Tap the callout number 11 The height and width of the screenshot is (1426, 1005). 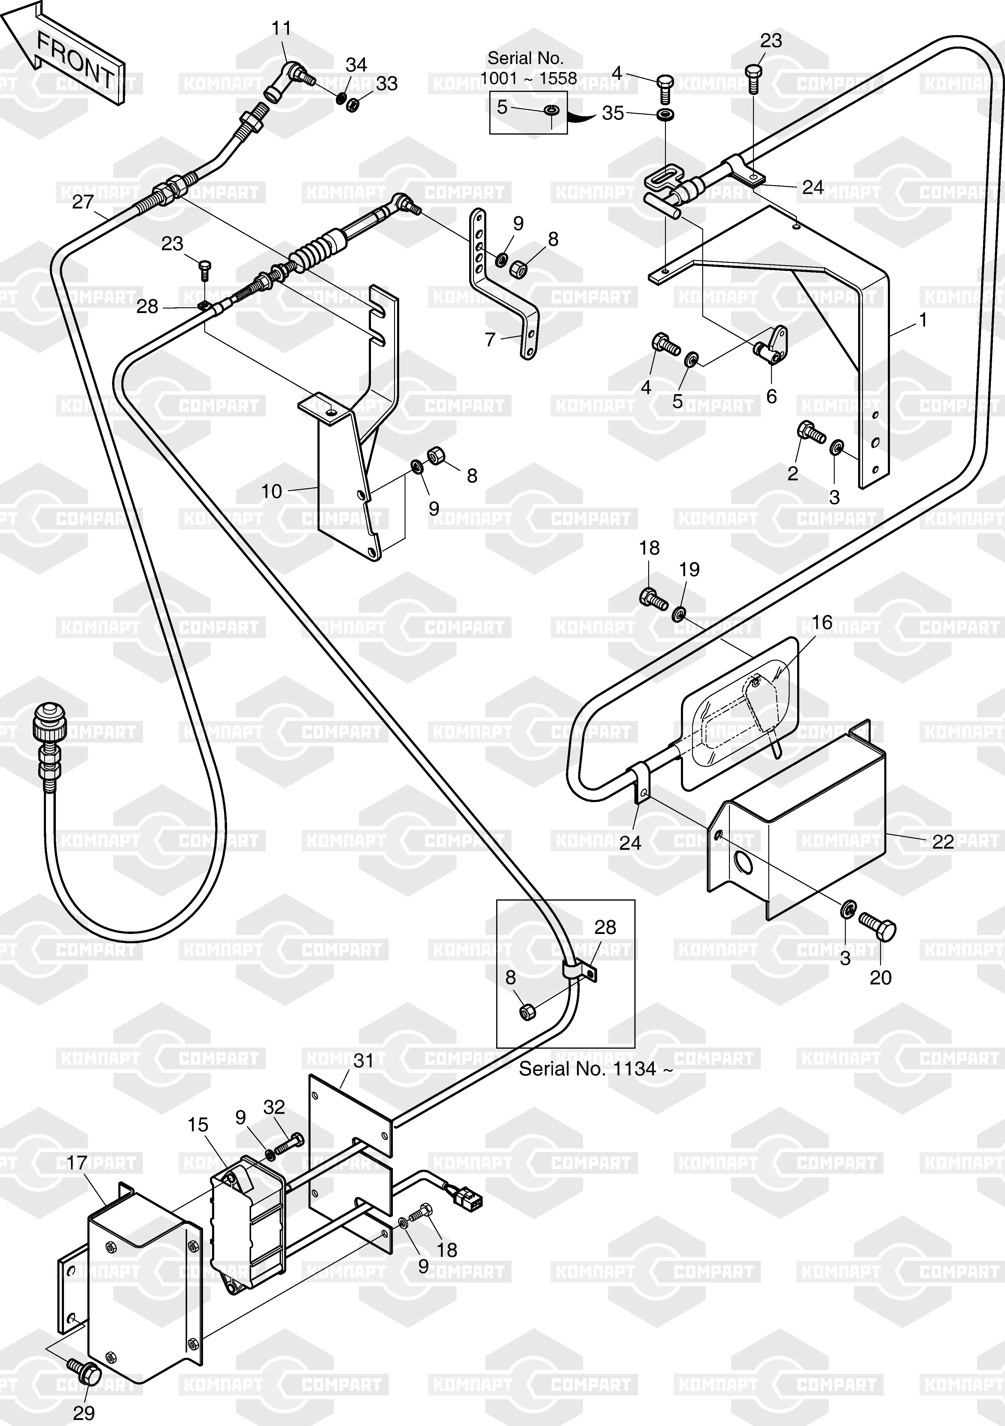281,29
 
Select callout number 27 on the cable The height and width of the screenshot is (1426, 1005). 83,202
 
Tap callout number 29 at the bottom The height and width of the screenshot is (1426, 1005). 84,1413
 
